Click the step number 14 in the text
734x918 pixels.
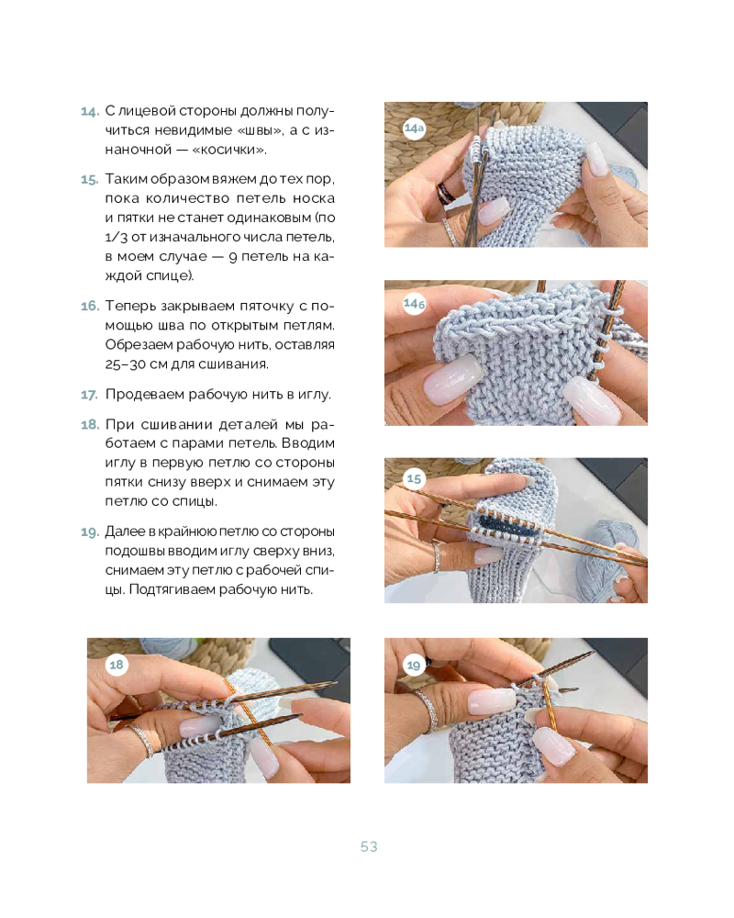[90, 111]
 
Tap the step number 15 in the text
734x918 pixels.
[90, 179]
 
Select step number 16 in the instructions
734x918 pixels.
[90, 306]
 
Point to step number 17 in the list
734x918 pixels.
[89, 395]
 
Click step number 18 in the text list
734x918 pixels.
[90, 424]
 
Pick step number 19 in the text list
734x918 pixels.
[90, 532]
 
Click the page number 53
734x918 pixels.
[369, 846]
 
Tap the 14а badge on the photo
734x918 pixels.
[414, 129]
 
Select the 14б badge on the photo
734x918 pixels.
[414, 304]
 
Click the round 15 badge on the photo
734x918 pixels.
[414, 479]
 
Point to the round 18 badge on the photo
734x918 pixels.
[117, 665]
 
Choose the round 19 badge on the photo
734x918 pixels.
[414, 665]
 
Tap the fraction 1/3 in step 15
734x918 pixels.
[117, 238]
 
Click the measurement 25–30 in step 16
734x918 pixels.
[125, 364]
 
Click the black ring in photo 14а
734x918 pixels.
[447, 192]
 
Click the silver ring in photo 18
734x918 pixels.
[140, 739]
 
